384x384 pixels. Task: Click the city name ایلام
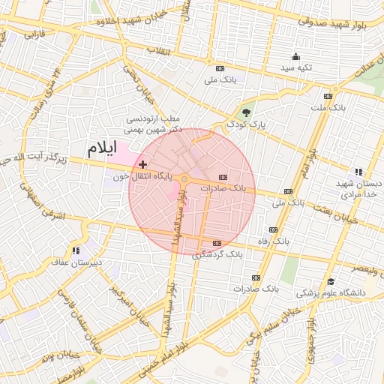pos(101,148)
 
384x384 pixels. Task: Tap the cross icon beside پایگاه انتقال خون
pos(143,163)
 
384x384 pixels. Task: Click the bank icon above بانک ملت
pos(328,96)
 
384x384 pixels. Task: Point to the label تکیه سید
pos(295,67)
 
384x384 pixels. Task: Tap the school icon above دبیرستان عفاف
pos(75,250)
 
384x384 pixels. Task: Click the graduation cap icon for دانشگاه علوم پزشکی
pos(331,281)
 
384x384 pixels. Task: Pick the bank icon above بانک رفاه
pos(272,230)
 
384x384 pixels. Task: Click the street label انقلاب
pos(159,50)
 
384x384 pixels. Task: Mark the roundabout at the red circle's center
pos(184,179)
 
